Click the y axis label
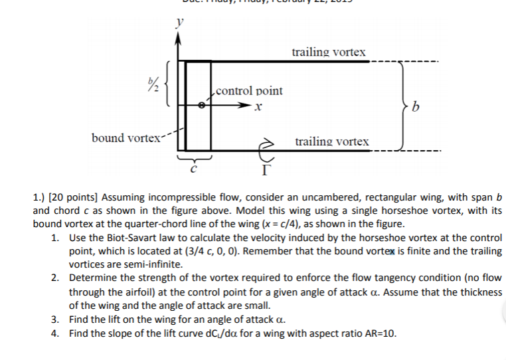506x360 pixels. coord(177,22)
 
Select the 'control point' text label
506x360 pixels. coord(249,90)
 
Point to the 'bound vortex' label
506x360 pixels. coord(126,137)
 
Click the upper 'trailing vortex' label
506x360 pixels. coord(329,52)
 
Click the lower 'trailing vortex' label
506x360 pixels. coord(332,141)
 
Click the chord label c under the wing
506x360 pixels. coord(193,169)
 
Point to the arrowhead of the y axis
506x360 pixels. coord(177,37)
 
